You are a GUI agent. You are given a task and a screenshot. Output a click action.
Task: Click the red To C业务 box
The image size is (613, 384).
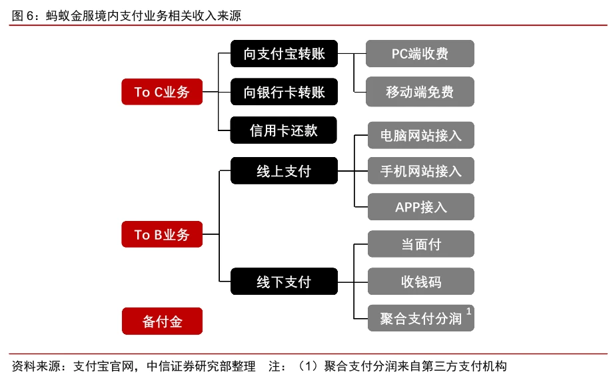click(x=162, y=92)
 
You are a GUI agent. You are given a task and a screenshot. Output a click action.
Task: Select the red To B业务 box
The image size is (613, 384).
click(x=162, y=234)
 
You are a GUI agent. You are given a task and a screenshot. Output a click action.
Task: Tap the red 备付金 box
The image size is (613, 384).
click(x=162, y=321)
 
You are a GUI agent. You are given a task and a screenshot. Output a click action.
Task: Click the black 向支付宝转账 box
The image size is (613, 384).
click(x=285, y=53)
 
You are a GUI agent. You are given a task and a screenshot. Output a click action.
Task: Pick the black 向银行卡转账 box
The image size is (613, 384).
click(x=285, y=92)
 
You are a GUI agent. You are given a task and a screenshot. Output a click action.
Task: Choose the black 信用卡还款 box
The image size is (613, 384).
click(x=283, y=130)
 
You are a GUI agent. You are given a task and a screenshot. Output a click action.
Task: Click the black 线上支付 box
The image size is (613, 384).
click(x=285, y=171)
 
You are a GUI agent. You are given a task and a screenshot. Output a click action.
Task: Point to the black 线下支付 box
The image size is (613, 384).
click(x=285, y=282)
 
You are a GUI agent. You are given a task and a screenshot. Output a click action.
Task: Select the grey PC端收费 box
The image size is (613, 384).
click(x=420, y=53)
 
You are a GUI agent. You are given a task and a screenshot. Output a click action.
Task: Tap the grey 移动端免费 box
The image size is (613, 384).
click(x=420, y=92)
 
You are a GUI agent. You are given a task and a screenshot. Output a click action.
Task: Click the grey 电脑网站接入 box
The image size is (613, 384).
click(x=421, y=135)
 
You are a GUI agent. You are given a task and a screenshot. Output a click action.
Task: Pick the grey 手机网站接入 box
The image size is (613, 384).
click(x=421, y=171)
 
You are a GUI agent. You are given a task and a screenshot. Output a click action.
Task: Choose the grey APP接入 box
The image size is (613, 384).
click(x=421, y=207)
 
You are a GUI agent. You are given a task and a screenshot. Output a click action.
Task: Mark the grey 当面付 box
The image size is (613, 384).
click(x=421, y=244)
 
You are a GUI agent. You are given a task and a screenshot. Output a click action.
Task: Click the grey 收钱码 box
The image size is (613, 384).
click(x=421, y=282)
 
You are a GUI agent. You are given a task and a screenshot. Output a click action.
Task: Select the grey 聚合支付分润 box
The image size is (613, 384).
click(x=421, y=318)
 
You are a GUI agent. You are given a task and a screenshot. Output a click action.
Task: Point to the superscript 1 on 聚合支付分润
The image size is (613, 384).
click(x=468, y=311)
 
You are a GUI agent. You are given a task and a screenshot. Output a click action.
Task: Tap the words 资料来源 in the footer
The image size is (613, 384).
click(x=36, y=366)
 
